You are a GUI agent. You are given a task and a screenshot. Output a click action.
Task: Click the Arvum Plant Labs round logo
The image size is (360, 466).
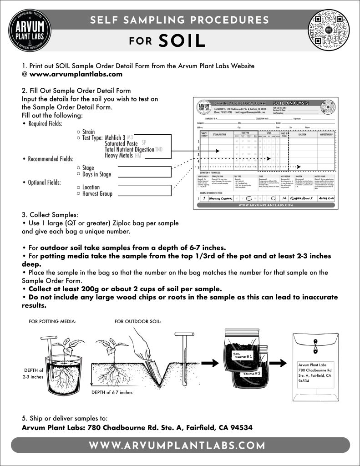pyautogui.click(x=30, y=30)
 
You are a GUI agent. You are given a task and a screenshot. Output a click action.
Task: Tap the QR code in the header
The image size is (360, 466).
pyautogui.click(x=330, y=30)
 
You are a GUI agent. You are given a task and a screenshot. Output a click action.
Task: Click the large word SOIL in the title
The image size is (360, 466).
pyautogui.click(x=182, y=41)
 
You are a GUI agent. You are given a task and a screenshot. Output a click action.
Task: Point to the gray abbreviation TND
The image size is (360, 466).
pyautogui.click(x=158, y=149)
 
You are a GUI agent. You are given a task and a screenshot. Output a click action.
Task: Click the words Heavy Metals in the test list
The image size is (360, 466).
pyautogui.click(x=119, y=156)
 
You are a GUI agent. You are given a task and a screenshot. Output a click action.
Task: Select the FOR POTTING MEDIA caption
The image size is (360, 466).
pyautogui.click(x=52, y=321)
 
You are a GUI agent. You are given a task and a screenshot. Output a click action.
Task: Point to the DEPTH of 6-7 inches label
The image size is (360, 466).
pyautogui.click(x=112, y=392)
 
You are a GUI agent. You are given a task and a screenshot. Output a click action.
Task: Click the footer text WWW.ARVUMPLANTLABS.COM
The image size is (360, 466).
pyautogui.click(x=180, y=445)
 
